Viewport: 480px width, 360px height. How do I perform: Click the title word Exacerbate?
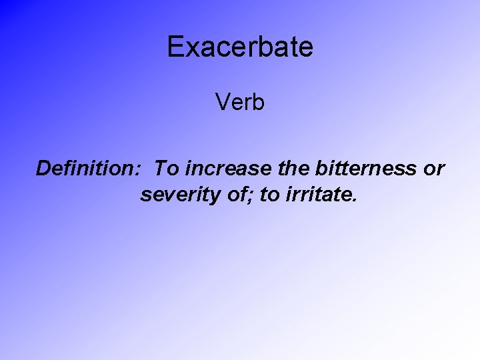pos(240,47)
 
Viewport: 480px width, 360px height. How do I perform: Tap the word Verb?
pos(240,103)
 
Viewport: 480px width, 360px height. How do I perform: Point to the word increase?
pos(218,169)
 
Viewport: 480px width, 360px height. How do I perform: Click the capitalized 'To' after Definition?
pos(164,169)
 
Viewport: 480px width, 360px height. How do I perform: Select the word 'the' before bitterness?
pos(281,169)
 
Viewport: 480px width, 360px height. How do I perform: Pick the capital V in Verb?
pos(222,103)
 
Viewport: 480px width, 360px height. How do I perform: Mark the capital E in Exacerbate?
pos(175,47)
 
